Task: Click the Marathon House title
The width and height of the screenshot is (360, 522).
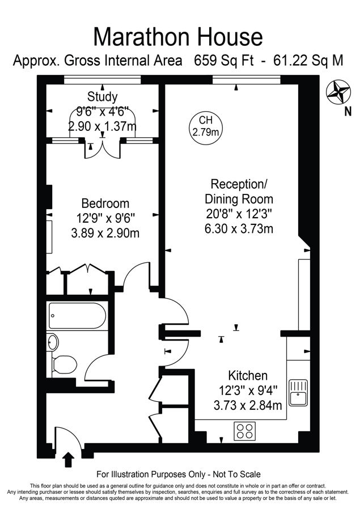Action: click(178, 37)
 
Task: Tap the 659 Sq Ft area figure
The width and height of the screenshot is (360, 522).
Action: click(224, 61)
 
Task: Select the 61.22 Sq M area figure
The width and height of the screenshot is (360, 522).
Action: click(308, 61)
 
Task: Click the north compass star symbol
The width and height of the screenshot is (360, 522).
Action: click(338, 92)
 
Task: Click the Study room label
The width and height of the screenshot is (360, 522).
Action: click(102, 96)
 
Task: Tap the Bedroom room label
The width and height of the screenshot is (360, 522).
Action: click(105, 203)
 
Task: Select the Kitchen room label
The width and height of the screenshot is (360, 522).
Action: click(248, 376)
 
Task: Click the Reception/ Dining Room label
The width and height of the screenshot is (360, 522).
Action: click(239, 191)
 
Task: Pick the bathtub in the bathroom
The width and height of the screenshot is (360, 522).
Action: click(77, 315)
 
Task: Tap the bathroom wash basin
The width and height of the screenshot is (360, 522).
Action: click(53, 342)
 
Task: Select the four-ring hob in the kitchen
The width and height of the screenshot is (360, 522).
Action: click(245, 431)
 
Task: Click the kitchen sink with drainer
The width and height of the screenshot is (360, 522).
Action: click(298, 392)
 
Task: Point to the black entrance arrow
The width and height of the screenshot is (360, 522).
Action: click(69, 460)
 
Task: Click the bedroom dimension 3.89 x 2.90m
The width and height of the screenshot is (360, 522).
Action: click(105, 233)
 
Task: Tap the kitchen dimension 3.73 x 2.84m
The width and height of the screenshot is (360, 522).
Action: click(248, 405)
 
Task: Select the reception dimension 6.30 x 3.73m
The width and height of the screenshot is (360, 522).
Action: click(239, 229)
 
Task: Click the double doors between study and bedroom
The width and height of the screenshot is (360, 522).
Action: click(103, 150)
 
